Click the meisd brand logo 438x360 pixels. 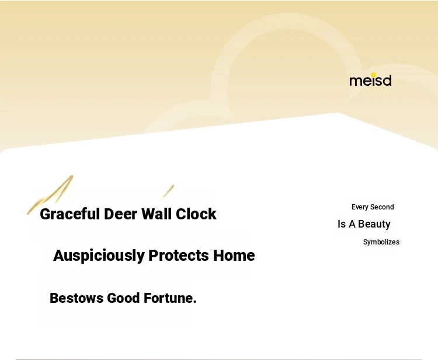370,79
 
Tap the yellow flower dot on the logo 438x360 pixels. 374,75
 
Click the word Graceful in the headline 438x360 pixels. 70,214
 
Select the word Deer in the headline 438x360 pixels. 121,214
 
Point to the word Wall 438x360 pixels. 157,214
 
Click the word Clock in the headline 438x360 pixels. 196,214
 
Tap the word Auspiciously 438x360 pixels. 99,256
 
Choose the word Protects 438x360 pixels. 179,256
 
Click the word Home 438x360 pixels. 234,256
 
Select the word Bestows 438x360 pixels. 77,298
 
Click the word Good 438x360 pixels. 123,298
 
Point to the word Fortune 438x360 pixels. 168,298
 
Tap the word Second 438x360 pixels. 382,207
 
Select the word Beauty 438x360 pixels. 374,225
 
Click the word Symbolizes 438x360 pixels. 381,242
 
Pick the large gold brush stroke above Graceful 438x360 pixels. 50,194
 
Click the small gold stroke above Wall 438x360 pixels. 169,191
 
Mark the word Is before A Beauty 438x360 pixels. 342,224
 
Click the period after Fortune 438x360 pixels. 194,302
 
